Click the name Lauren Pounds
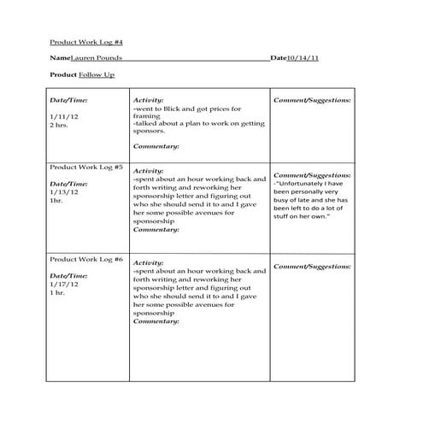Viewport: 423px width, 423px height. coord(96,58)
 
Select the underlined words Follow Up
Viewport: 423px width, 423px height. coord(97,75)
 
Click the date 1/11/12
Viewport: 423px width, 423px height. coord(62,116)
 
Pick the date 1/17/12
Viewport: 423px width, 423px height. coord(62,285)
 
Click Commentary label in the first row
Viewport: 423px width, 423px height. coord(156,147)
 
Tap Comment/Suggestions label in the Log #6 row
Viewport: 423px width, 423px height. coord(312,267)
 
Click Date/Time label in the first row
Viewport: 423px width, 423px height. coord(68,100)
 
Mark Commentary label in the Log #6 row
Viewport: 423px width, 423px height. coord(156,321)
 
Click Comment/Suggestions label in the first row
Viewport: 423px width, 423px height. coord(312,100)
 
